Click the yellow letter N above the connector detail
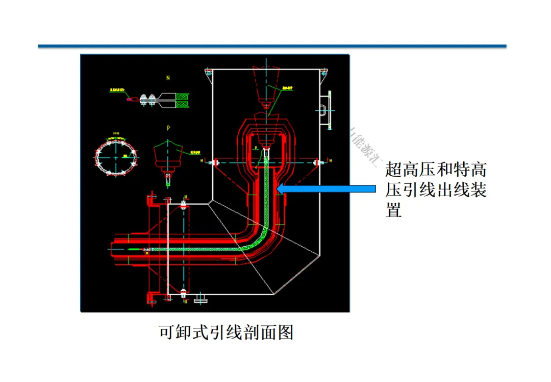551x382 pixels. click(x=168, y=78)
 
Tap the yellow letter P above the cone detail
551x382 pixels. click(x=168, y=127)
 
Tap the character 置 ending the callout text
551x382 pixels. click(x=394, y=210)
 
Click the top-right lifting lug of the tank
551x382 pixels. click(x=323, y=74)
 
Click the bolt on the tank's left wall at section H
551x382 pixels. click(x=214, y=163)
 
